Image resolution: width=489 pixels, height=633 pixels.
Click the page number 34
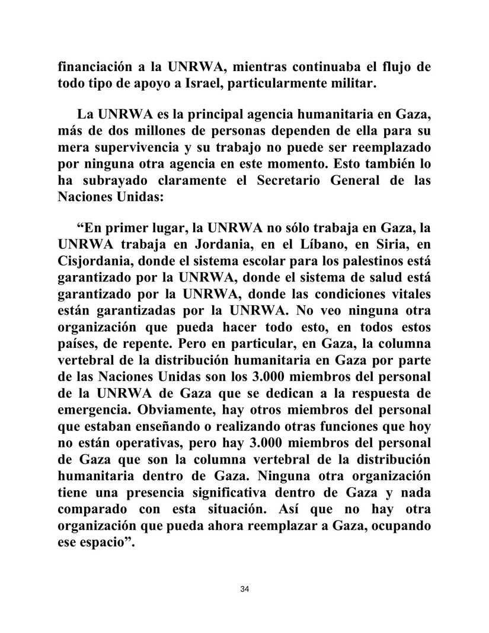pyautogui.click(x=245, y=589)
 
